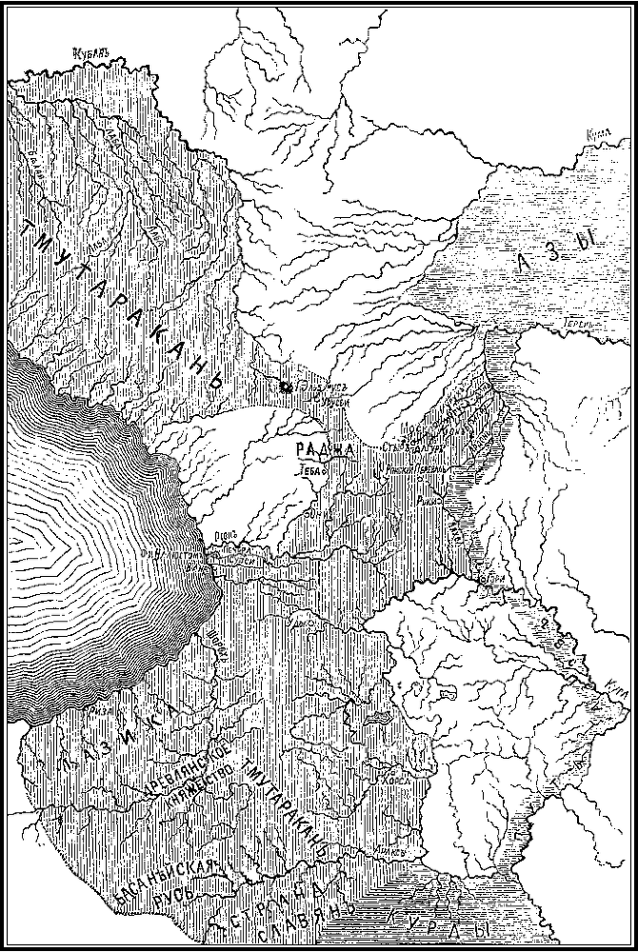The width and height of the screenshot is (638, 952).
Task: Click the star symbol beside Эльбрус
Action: point(286,387)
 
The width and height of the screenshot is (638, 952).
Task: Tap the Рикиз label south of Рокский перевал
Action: point(428,498)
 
